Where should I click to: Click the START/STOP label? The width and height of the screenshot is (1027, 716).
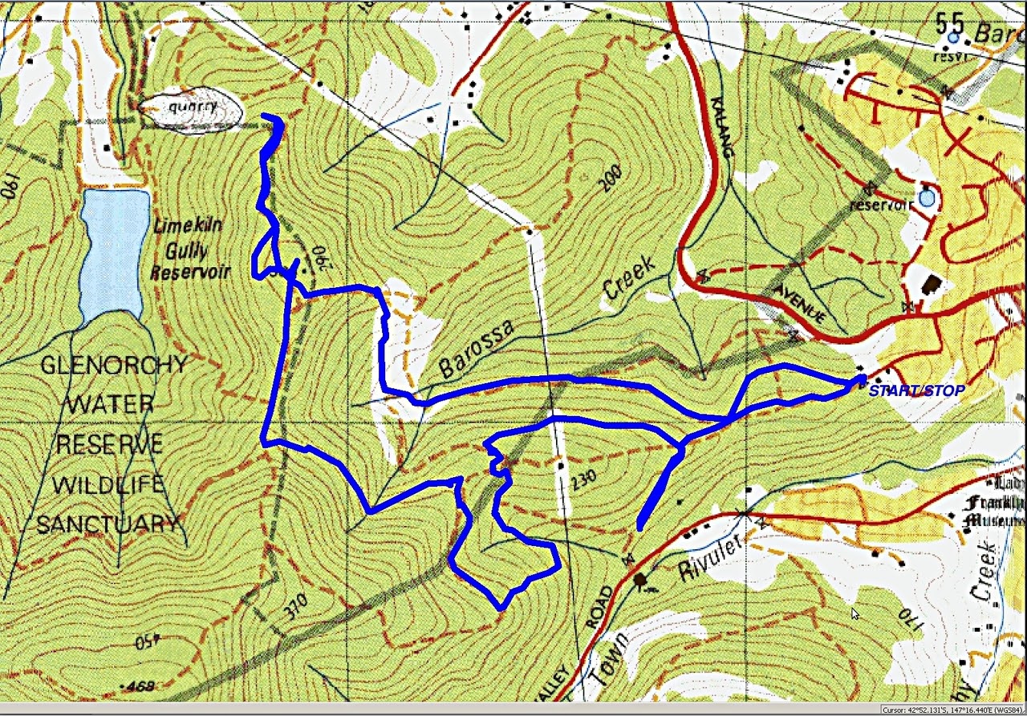[916, 391]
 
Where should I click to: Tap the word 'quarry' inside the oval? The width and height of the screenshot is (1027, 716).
[190, 107]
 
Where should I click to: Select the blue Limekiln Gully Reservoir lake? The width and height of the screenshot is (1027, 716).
[113, 253]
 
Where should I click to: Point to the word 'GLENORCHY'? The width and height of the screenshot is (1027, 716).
[113, 366]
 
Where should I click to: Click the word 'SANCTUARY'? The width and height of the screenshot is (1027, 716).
[108, 524]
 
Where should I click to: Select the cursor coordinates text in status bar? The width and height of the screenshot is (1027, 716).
[952, 710]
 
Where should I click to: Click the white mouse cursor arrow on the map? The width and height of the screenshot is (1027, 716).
[855, 613]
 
